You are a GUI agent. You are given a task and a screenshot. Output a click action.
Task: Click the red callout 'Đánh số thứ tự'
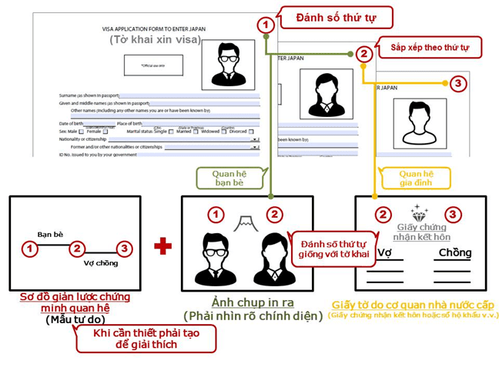point(337,17)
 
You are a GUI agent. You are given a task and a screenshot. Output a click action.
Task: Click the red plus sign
point(162,245)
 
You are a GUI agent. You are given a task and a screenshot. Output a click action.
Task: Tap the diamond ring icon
point(420,212)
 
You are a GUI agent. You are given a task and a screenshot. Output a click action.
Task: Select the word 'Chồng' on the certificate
point(454,253)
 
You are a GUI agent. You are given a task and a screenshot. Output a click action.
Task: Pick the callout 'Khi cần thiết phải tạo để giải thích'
point(146,338)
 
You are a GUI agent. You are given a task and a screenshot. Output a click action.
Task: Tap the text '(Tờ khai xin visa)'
point(155,39)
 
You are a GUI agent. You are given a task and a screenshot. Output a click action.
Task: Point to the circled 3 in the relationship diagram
point(124,249)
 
